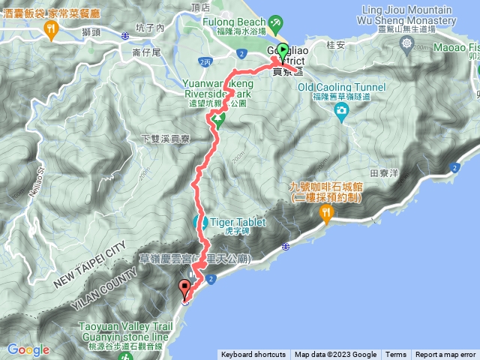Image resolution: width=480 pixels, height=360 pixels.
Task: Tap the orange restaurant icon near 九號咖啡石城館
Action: [326, 213]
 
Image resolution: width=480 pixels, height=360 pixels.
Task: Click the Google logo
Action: [28, 349]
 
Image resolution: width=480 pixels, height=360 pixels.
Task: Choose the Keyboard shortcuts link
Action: [253, 355]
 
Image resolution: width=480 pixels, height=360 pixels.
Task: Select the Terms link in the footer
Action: [396, 355]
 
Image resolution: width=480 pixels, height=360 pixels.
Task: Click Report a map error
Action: [446, 355]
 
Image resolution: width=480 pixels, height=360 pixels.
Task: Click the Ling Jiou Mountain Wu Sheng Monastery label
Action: [407, 14]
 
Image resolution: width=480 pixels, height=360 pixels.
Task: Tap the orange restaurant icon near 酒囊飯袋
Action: [51, 30]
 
